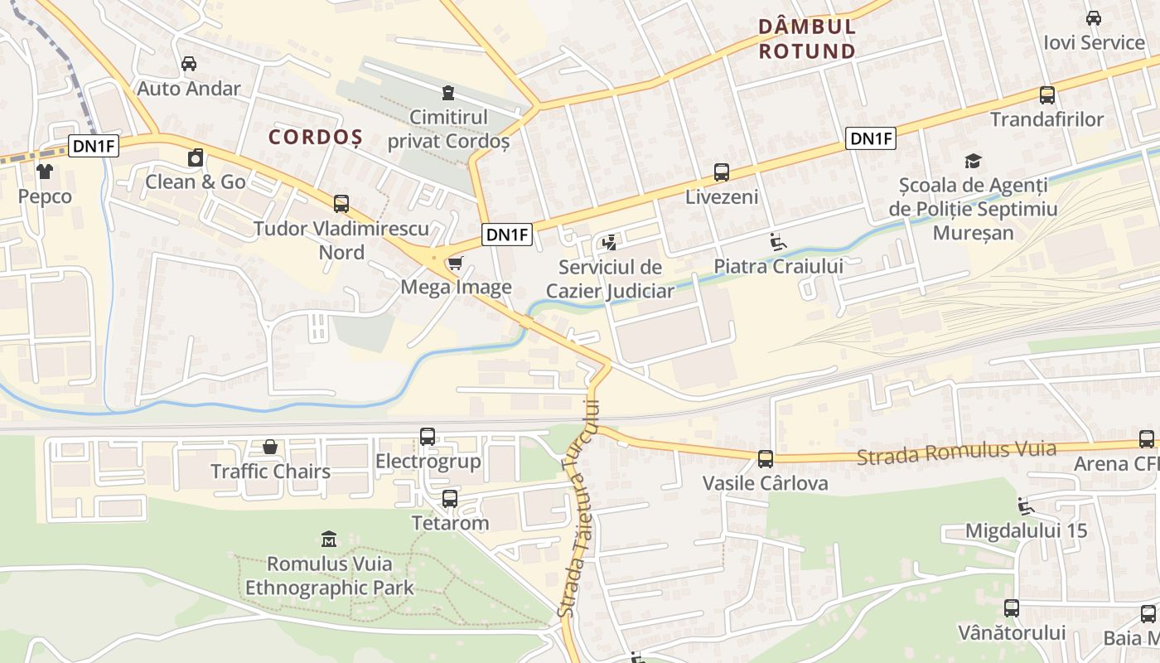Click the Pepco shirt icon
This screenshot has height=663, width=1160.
point(44,172)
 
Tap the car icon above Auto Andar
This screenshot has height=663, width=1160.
point(189,64)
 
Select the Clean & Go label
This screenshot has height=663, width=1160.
point(196,181)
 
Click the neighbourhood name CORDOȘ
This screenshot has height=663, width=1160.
point(316,137)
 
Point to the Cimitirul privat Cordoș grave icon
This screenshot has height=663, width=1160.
point(448,92)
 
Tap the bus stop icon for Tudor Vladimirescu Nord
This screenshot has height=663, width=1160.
point(341,203)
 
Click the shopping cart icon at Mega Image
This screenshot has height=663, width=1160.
point(455,264)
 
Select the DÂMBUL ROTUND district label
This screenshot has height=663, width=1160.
point(807,39)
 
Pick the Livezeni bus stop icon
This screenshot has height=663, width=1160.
point(722,172)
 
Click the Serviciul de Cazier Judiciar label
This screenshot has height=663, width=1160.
point(610,279)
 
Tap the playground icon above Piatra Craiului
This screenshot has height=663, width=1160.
point(778,242)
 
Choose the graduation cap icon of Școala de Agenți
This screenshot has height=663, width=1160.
point(973,161)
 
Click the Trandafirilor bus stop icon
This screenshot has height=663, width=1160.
point(1047,95)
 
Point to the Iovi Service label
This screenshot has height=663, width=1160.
point(1094,42)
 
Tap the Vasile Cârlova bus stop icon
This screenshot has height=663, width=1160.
point(766,458)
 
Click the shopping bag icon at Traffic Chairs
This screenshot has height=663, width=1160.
point(270,448)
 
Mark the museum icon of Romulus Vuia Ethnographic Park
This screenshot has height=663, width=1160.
point(329,540)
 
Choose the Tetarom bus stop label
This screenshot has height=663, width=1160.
point(450,523)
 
